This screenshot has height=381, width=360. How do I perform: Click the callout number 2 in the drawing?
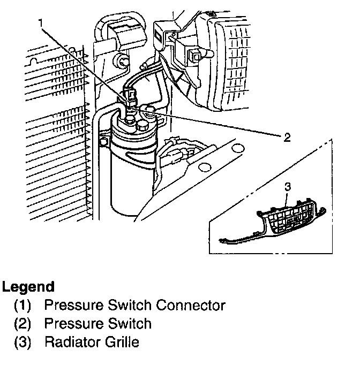pyautogui.click(x=287, y=138)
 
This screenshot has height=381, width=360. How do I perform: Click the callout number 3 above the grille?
pyautogui.click(x=287, y=187)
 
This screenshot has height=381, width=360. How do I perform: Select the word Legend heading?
pyautogui.click(x=28, y=287)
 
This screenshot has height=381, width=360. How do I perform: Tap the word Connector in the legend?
pyautogui.click(x=190, y=306)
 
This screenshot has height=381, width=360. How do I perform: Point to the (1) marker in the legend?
pyautogui.click(x=22, y=306)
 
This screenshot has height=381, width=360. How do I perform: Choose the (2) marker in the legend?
pyautogui.click(x=22, y=324)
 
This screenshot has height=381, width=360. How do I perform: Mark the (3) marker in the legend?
pyautogui.click(x=22, y=342)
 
